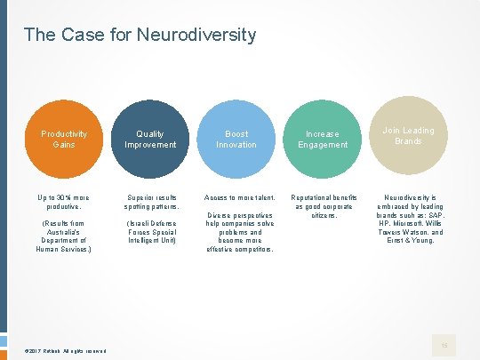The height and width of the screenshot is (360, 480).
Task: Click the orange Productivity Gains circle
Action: tap(64, 139)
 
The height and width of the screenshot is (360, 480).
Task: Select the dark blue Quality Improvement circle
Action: tap(150, 139)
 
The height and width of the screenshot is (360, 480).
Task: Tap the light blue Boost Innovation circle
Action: tap(236, 139)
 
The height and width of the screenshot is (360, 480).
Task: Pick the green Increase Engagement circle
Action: tap(323, 139)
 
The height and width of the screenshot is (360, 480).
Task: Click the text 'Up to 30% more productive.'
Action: tap(64, 201)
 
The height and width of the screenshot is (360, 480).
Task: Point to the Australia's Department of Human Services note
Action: tap(64, 236)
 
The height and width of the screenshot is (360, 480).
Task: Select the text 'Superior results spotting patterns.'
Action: tap(151, 201)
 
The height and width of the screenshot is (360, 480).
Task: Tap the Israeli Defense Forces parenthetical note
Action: tap(151, 231)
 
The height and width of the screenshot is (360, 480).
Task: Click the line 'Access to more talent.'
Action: tap(236, 196)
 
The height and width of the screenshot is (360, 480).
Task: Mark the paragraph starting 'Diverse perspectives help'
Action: tap(236, 231)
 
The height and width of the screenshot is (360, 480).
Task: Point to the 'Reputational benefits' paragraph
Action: tap(324, 205)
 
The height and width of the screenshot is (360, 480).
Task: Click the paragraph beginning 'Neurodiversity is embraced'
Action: tap(409, 218)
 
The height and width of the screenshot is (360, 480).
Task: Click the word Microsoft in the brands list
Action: tap(396, 222)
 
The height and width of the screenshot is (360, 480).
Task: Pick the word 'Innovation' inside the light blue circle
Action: tap(236, 144)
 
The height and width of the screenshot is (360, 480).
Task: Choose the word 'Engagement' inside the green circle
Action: tap(323, 144)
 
